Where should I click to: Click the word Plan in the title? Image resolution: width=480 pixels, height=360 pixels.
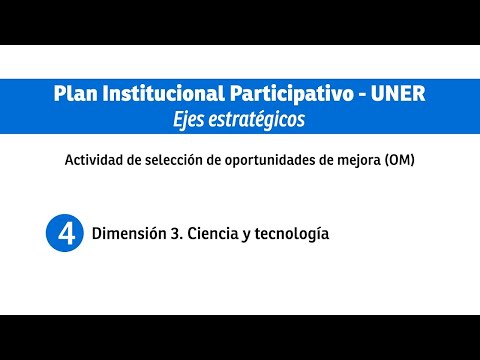pyautogui.click(x=76, y=93)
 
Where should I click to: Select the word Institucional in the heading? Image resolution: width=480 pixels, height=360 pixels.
pyautogui.click(x=164, y=93)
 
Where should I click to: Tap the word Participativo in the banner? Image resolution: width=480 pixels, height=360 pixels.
pyautogui.click(x=292, y=94)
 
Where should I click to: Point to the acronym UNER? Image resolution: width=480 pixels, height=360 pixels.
pyautogui.click(x=398, y=93)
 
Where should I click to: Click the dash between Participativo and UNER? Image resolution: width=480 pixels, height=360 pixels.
pyautogui.click(x=362, y=95)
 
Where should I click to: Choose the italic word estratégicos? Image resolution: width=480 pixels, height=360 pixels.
pyautogui.click(x=257, y=120)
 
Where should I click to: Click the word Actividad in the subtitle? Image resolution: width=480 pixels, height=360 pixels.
pyautogui.click(x=94, y=160)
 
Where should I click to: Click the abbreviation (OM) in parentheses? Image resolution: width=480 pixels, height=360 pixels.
pyautogui.click(x=400, y=160)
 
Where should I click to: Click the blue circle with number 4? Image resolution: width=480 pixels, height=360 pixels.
pyautogui.click(x=65, y=233)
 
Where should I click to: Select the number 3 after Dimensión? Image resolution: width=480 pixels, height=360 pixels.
pyautogui.click(x=175, y=233)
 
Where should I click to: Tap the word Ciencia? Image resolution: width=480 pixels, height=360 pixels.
pyautogui.click(x=213, y=233)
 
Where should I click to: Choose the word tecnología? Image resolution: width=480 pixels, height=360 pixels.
pyautogui.click(x=292, y=234)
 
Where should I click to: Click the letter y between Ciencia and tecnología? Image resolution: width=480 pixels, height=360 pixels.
pyautogui.click(x=247, y=235)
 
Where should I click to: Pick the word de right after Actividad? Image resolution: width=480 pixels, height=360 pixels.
pyautogui.click(x=134, y=160)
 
